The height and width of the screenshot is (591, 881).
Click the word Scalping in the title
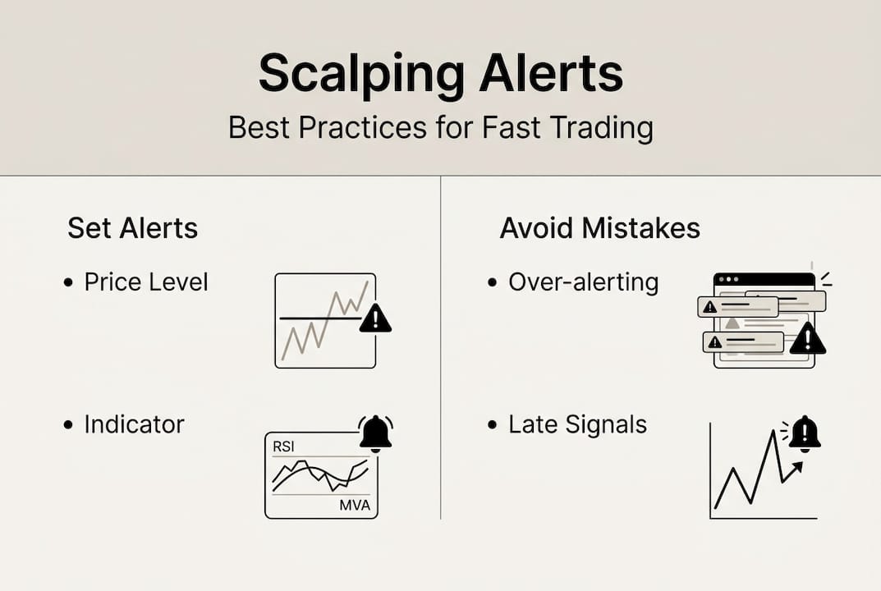[361, 75]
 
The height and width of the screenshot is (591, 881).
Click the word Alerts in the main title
[551, 73]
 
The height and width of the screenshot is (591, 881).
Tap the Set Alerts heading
[132, 228]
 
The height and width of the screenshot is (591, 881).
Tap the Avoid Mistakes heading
[600, 228]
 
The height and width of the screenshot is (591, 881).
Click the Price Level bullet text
[146, 282]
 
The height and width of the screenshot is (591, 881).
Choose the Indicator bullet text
[135, 424]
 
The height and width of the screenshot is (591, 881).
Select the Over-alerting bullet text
[584, 282]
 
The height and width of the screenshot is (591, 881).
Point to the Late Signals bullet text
[577, 425]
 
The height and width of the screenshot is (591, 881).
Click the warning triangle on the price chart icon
[375, 318]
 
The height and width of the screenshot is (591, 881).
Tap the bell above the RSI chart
[375, 433]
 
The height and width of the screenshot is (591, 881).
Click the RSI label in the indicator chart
[283, 447]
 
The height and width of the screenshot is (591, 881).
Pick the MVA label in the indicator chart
[355, 505]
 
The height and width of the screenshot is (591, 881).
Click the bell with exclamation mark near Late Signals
[805, 434]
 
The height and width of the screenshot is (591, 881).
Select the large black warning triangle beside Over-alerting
[807, 338]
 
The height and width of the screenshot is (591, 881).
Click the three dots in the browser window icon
[729, 279]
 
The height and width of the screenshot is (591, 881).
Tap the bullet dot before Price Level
[68, 282]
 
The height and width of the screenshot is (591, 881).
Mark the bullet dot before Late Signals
[493, 425]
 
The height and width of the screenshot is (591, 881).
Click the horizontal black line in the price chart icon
[320, 318]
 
